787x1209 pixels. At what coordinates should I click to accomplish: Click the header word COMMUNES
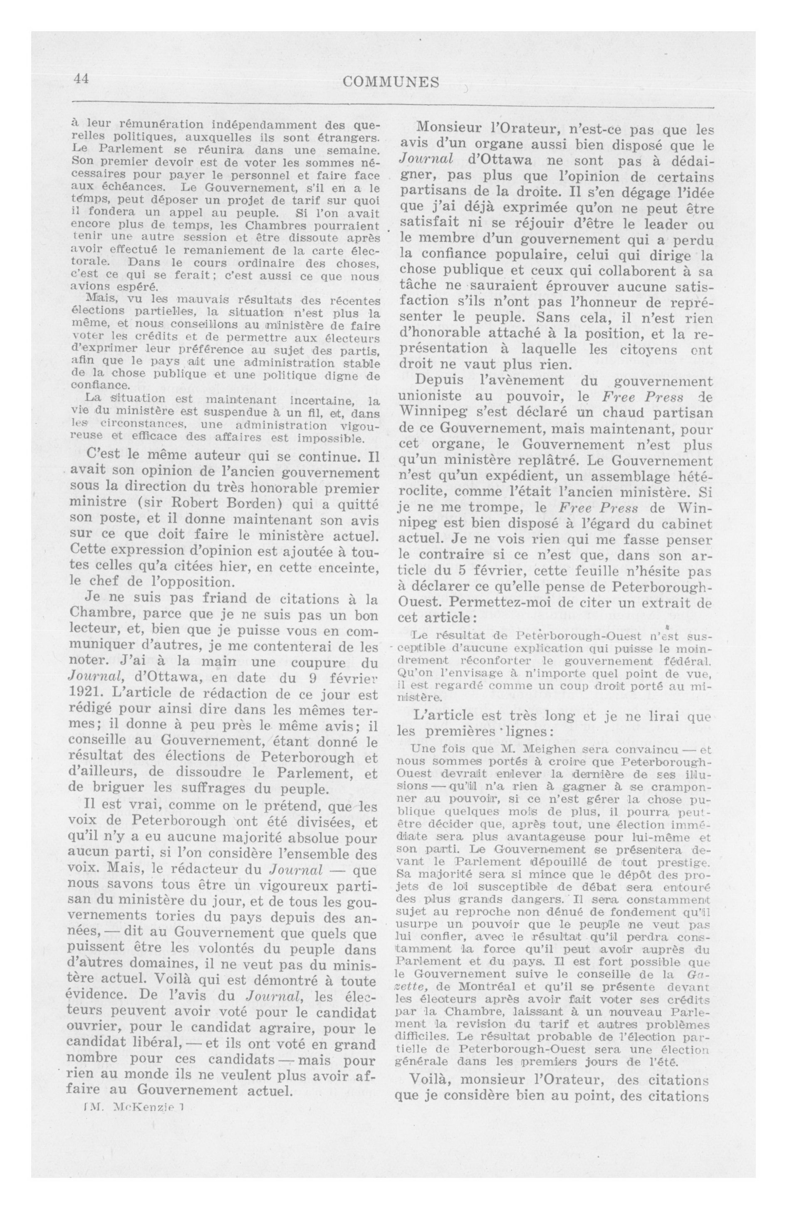(391, 82)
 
